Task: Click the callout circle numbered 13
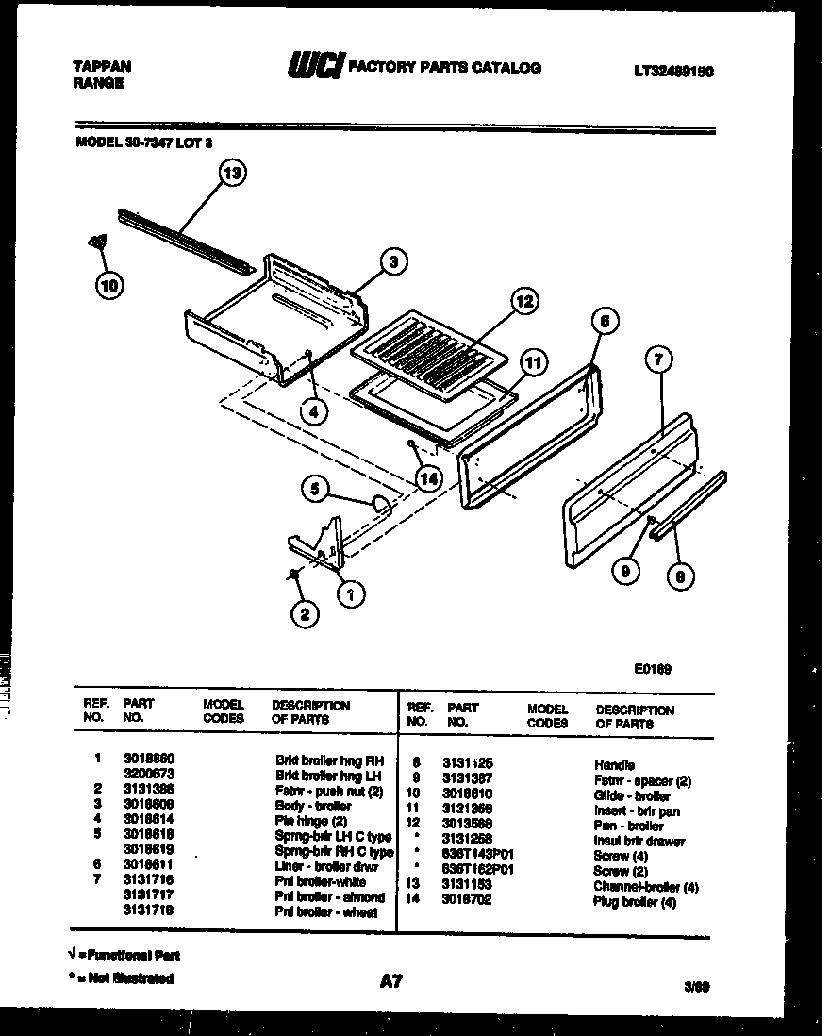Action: click(232, 173)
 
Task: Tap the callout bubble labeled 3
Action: click(394, 261)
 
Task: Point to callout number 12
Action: click(523, 302)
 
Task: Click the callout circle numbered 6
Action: click(606, 323)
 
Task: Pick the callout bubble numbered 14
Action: click(429, 478)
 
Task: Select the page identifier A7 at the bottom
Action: click(391, 982)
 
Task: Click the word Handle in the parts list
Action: click(614, 765)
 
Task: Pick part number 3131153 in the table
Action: click(469, 885)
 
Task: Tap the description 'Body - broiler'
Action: click(313, 807)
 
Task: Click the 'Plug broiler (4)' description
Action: click(635, 901)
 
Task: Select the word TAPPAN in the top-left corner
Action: click(102, 66)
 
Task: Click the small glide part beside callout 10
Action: click(95, 242)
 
